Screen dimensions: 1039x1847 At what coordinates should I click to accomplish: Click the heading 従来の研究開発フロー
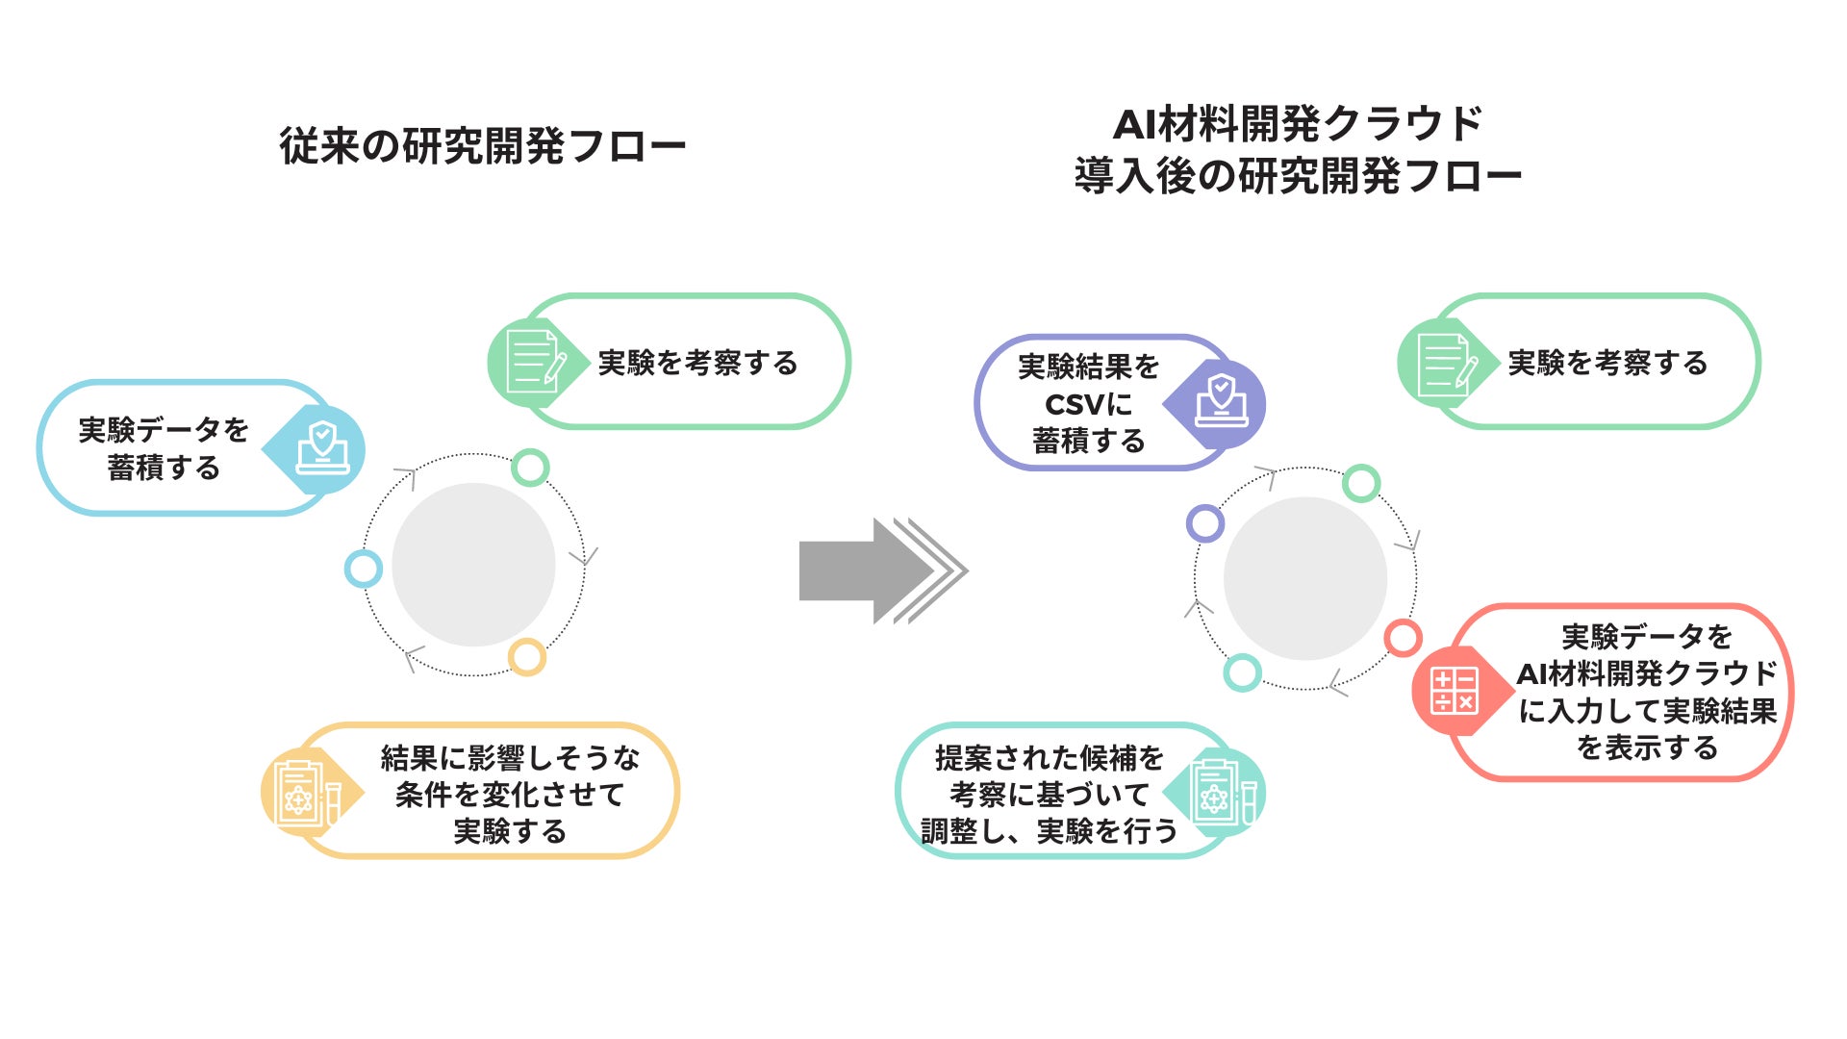coord(482,147)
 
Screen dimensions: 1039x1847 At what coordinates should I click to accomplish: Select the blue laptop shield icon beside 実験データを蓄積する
coord(323,447)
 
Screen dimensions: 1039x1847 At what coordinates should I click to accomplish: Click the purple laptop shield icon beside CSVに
coord(1221,402)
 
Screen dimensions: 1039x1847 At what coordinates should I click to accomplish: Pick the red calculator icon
coord(1454,690)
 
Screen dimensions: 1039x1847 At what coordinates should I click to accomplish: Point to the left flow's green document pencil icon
coord(534,363)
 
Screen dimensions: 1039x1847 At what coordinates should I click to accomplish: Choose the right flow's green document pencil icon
coord(1443,363)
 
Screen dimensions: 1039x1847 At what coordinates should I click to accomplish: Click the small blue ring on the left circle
coord(364,569)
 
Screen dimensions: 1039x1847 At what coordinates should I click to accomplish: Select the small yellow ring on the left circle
coord(527,657)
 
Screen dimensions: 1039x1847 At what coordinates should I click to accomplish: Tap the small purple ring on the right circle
coord(1205,523)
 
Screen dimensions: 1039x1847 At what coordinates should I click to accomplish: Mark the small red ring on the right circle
coord(1403,637)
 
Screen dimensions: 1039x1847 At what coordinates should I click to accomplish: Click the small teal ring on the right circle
coord(1242,672)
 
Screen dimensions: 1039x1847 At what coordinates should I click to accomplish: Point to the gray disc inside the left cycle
coord(473,565)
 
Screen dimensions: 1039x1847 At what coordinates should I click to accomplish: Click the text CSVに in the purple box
coord(1088,404)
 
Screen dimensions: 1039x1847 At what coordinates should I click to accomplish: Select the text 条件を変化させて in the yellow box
coord(510,795)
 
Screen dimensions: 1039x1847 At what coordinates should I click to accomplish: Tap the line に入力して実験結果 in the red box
coord(1647,711)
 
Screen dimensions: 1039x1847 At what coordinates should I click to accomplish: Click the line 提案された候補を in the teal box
coord(1049,758)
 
